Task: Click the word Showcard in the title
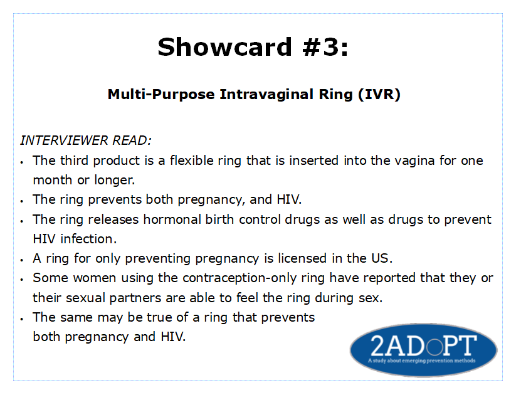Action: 224,47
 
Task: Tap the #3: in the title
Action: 325,47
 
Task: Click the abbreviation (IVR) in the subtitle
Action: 379,94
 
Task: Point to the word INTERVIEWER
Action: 64,140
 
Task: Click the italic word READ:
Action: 132,140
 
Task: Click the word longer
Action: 115,181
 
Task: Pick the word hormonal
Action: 172,219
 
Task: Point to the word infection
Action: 88,239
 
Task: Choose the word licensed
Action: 302,258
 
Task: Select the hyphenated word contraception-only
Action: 239,278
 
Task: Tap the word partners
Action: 135,298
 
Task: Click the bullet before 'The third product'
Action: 22,162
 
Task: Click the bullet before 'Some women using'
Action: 22,280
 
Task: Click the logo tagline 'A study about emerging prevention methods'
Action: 422,361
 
